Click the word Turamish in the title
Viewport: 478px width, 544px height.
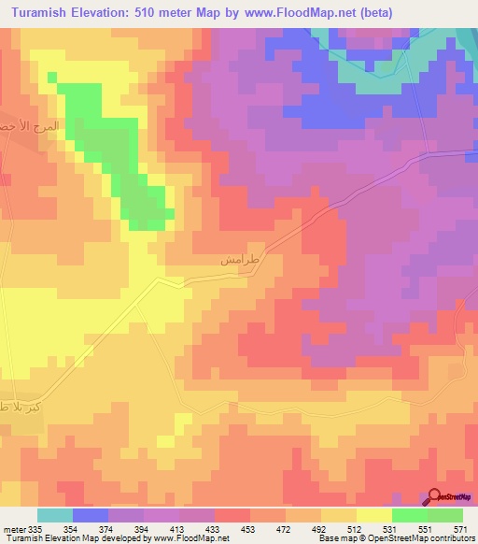45,12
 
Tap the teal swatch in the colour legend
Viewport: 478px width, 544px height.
55,515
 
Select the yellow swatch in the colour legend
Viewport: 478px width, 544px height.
373,515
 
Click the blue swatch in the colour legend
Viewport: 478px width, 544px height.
91,515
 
